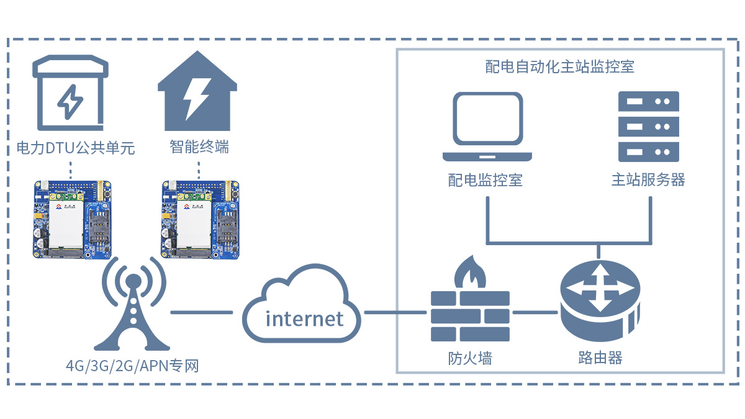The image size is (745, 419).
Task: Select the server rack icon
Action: (x=649, y=127)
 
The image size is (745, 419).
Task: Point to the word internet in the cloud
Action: (x=304, y=319)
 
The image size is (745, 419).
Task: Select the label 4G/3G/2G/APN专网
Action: (x=132, y=366)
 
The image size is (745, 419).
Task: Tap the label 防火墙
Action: (x=470, y=358)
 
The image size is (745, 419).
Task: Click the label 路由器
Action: (x=600, y=358)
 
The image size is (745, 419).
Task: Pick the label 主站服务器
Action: (x=649, y=180)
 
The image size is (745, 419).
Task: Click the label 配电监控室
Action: (x=485, y=180)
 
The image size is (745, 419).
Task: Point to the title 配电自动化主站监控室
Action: (x=560, y=67)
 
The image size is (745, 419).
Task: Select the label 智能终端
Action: (x=199, y=148)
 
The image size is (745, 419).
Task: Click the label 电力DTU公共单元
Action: (x=75, y=148)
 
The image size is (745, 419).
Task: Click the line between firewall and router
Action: (x=535, y=312)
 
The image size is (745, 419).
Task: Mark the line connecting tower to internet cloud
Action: (x=201, y=312)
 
